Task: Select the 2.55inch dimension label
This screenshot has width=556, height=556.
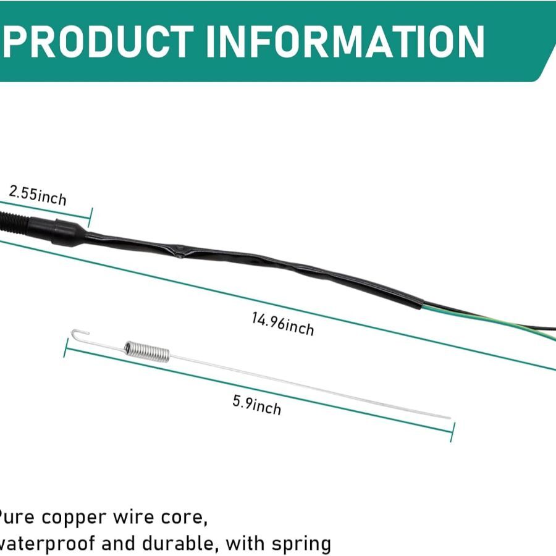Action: tap(38, 195)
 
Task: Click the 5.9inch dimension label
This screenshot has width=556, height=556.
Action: tap(256, 405)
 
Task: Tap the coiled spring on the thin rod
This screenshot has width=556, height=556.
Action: tap(146, 351)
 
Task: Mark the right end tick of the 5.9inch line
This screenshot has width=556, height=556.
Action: tap(453, 431)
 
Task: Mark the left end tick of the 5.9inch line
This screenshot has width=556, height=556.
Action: tap(65, 347)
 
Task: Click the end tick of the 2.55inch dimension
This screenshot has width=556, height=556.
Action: tap(91, 217)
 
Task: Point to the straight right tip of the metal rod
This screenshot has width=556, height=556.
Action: tap(449, 418)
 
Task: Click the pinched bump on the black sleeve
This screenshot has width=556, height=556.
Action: tap(179, 253)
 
